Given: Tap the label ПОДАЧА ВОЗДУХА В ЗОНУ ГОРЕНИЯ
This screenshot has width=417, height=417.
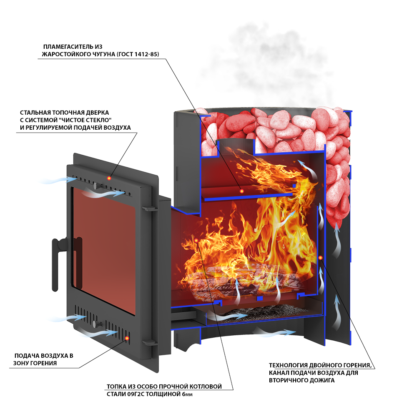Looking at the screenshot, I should pyautogui.click(x=43, y=359).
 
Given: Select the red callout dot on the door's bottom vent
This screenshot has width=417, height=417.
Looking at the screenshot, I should pyautogui.click(x=128, y=338).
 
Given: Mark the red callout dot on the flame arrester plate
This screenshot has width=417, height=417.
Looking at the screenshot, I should pyautogui.click(x=242, y=191).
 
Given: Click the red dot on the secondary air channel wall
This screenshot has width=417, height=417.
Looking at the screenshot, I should pyautogui.click(x=320, y=258).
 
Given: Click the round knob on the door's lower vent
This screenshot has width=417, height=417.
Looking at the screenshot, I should pyautogui.click(x=96, y=324).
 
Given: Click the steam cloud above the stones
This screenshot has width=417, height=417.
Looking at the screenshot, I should pyautogui.click(x=267, y=63).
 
